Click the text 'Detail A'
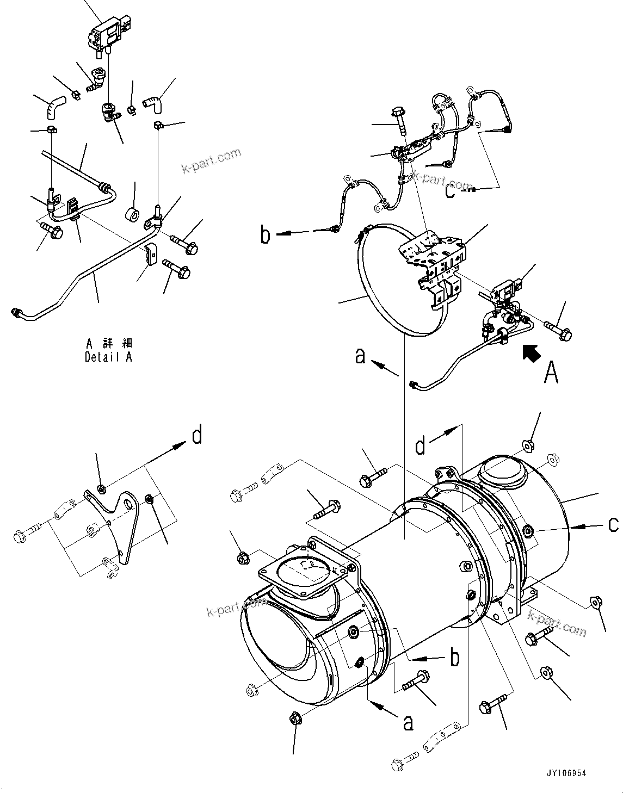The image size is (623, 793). (x=108, y=357)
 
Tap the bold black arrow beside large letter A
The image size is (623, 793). (x=532, y=354)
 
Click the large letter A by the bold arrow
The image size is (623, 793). (x=551, y=373)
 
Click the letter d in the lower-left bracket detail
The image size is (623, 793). (x=197, y=435)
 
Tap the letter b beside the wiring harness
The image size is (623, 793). (x=265, y=236)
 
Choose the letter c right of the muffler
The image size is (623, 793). (x=613, y=524)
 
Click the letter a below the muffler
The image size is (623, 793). (x=408, y=722)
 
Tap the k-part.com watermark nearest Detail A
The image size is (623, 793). (x=211, y=159)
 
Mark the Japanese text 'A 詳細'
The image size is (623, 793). (x=109, y=344)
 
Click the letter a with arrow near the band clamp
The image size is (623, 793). (x=360, y=356)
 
